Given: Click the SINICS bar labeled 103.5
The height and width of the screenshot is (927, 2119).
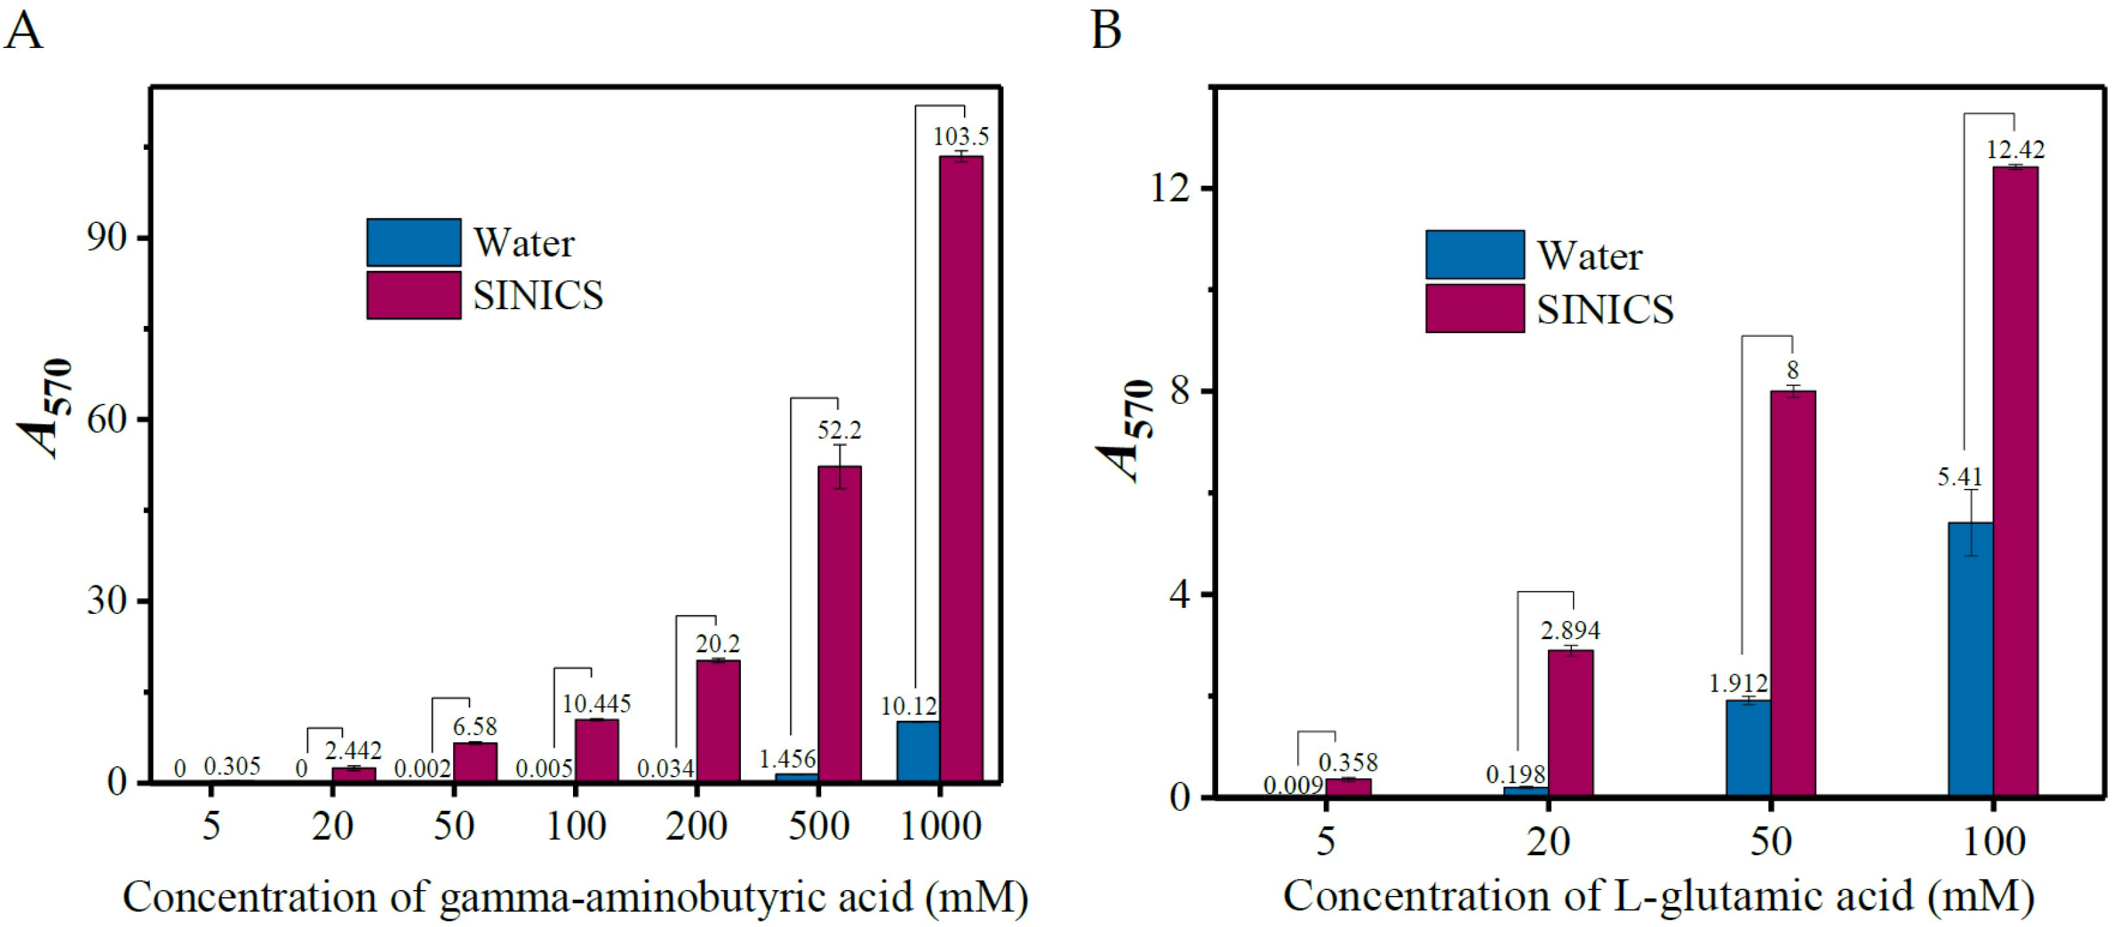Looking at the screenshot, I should tap(961, 469).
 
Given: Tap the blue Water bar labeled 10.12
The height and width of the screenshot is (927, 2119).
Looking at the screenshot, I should tap(918, 751).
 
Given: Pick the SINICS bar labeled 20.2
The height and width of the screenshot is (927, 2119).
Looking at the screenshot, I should tap(718, 721).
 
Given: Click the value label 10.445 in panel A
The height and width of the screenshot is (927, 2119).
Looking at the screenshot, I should tap(596, 704).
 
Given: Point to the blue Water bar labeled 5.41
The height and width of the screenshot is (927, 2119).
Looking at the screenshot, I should tap(1971, 658).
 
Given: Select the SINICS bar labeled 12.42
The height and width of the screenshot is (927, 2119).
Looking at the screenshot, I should tap(2015, 481).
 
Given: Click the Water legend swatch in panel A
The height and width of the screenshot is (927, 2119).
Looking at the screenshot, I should tap(414, 242).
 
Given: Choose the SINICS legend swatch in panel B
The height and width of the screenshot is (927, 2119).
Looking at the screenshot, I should tap(1474, 309).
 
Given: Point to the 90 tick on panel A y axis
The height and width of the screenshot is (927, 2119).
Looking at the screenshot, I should tap(107, 238).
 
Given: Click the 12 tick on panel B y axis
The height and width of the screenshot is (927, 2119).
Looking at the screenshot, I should tap(1170, 189).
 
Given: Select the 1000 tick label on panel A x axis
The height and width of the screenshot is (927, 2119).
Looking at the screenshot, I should tap(940, 826).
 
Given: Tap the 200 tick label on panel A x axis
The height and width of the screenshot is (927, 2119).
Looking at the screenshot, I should tap(696, 826).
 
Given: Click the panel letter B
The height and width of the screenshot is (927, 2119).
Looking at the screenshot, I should tap(1106, 30).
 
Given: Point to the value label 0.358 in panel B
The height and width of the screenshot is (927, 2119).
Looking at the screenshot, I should tap(1348, 762).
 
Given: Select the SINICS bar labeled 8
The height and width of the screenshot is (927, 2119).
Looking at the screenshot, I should tap(1792, 593).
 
